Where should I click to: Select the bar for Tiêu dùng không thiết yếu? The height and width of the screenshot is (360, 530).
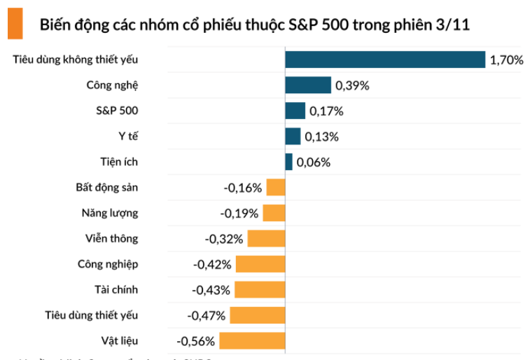pyautogui.click(x=385, y=60)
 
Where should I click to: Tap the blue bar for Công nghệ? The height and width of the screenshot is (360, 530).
pyautogui.click(x=307, y=85)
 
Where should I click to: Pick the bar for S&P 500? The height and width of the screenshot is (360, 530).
pyautogui.click(x=295, y=111)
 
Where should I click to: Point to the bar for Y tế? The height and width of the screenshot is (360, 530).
pyautogui.click(x=293, y=136)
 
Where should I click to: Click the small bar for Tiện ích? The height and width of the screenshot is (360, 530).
pyautogui.click(x=288, y=162)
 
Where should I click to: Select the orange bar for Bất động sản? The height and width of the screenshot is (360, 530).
pyautogui.click(x=276, y=187)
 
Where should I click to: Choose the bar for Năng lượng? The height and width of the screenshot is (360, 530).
pyautogui.click(x=274, y=213)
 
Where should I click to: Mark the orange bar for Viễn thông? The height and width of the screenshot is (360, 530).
pyautogui.click(x=266, y=238)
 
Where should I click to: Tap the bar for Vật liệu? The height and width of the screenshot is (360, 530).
pyautogui.click(x=252, y=341)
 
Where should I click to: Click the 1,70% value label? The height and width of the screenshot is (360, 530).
pyautogui.click(x=506, y=60)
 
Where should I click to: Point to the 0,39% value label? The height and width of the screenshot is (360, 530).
pyautogui.click(x=352, y=85)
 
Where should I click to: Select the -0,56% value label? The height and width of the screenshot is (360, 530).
pyautogui.click(x=195, y=341)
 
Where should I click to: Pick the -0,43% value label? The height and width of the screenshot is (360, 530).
pyautogui.click(x=212, y=290)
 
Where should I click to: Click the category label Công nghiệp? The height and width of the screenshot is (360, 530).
pyautogui.click(x=108, y=264)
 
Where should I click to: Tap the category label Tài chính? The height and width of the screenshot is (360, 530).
pyautogui.click(x=116, y=289)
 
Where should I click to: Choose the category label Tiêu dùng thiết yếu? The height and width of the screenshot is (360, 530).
pyautogui.click(x=91, y=315)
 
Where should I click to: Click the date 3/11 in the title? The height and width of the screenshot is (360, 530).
pyautogui.click(x=452, y=25)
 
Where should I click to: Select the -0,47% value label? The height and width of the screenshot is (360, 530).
pyautogui.click(x=207, y=316)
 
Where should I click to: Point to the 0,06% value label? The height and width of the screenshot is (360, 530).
pyautogui.click(x=313, y=162)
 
